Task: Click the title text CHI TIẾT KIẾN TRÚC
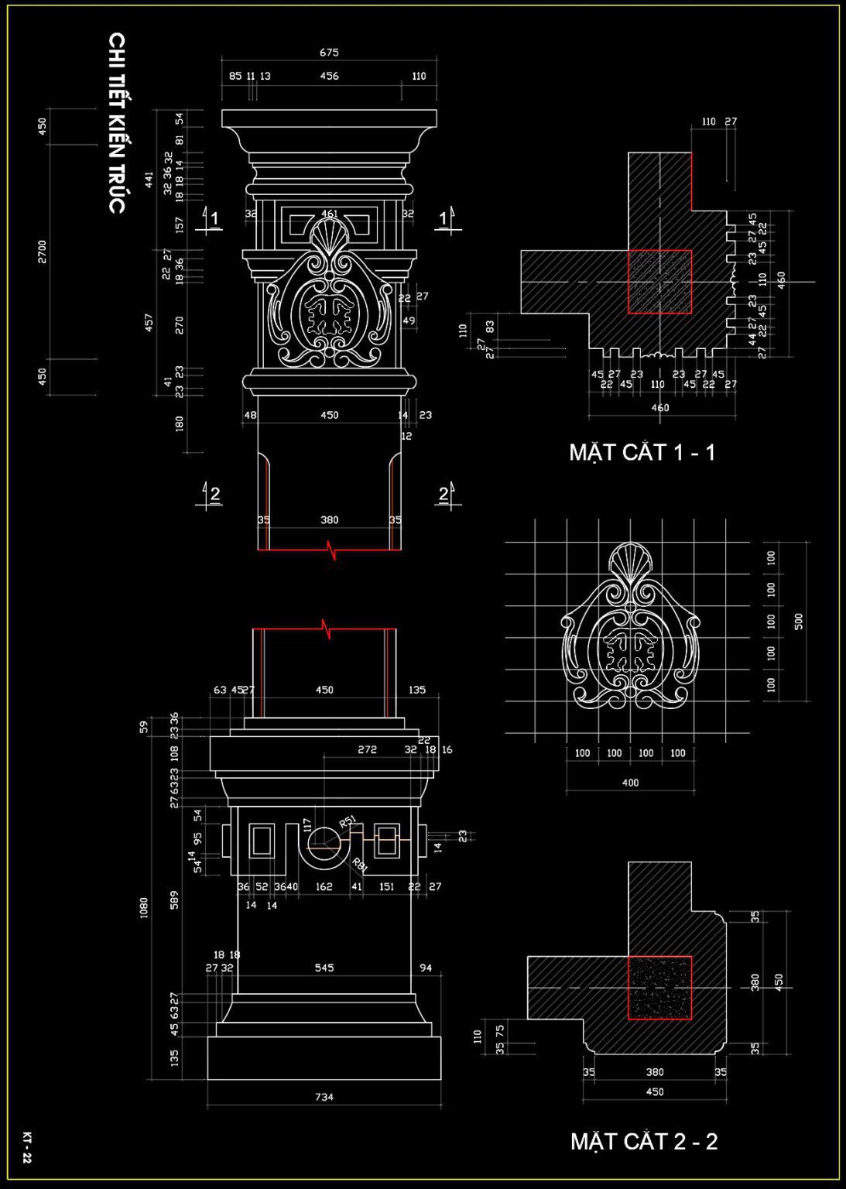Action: (116, 122)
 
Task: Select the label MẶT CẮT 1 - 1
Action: (642, 452)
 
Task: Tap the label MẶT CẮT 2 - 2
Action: (643, 1141)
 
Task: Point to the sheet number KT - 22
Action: (27, 1147)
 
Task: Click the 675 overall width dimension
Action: (329, 53)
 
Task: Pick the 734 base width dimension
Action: (324, 1096)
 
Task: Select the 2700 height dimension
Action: (43, 252)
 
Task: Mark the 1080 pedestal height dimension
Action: (144, 907)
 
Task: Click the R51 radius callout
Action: (348, 821)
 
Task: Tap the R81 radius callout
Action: (360, 865)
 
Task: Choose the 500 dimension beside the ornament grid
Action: (799, 621)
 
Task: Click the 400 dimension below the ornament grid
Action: (630, 783)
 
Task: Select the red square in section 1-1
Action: (659, 282)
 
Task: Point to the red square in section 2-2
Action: (659, 988)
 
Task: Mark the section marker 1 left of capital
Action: (214, 219)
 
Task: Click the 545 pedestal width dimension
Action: (324, 968)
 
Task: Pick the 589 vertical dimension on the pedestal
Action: (174, 899)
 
